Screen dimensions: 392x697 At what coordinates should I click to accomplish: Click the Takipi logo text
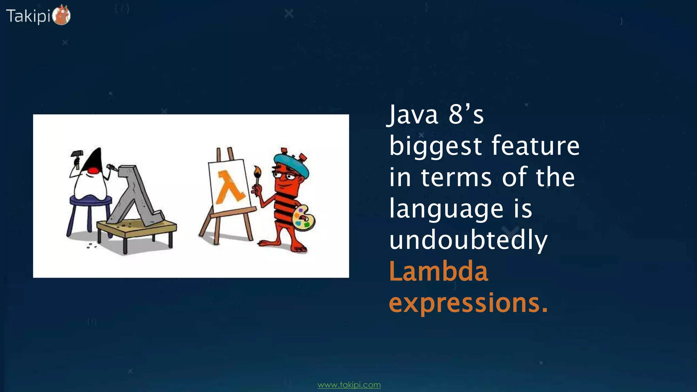coord(28,16)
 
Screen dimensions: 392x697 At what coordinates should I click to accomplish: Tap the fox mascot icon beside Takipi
coord(62,15)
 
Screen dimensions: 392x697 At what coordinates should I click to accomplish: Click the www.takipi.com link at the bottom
coord(349,385)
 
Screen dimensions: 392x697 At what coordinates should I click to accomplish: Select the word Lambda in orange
coord(438,272)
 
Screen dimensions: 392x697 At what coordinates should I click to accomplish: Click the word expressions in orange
coord(468,303)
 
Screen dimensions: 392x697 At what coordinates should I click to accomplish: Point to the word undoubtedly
coord(468,240)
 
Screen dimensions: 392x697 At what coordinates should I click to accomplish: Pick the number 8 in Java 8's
coord(455,115)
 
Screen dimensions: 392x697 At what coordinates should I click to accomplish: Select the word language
coord(446,209)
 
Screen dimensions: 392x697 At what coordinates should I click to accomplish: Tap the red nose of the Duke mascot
coord(93,170)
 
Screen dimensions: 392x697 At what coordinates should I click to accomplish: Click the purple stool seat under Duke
coord(90,200)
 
